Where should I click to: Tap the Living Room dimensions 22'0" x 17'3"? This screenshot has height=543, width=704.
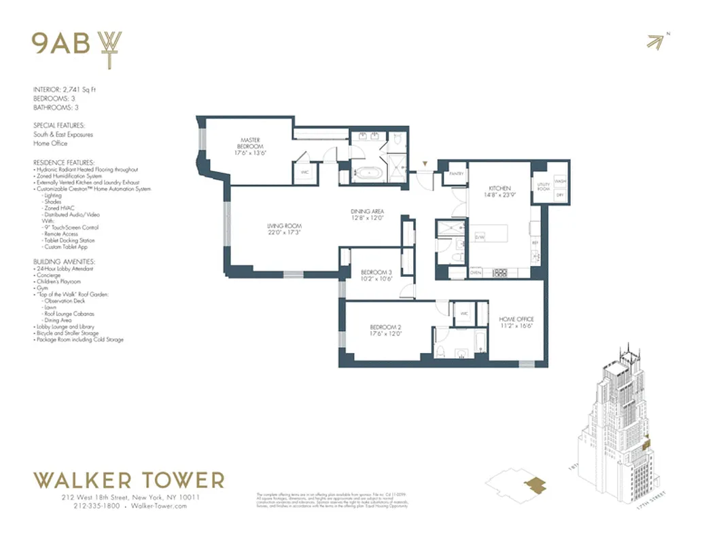click(x=284, y=233)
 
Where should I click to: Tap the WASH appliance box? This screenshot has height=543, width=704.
click(x=561, y=181)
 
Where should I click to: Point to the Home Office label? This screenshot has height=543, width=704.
click(x=516, y=318)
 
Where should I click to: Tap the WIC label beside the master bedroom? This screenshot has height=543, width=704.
click(x=305, y=172)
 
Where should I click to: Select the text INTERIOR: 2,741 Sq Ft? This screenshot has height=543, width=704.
click(x=65, y=90)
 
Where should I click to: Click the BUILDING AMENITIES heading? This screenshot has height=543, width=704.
click(x=65, y=261)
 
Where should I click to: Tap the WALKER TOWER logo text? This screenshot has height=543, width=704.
click(x=129, y=481)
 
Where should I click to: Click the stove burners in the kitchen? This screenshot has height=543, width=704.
click(x=499, y=272)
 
